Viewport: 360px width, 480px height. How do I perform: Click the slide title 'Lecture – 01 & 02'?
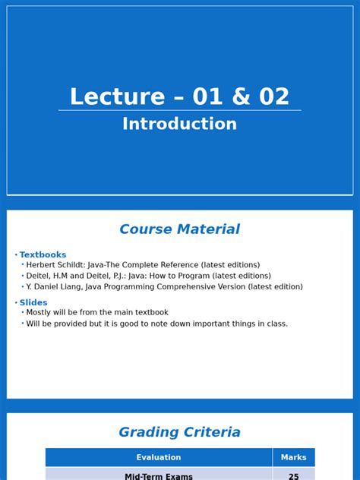click(179, 96)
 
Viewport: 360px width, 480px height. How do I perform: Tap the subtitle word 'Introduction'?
click(179, 124)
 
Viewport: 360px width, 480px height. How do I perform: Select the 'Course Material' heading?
click(179, 229)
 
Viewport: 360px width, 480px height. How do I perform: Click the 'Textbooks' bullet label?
click(43, 255)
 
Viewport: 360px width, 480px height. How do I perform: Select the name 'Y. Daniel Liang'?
click(54, 287)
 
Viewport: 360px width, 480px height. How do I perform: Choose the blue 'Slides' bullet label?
click(33, 303)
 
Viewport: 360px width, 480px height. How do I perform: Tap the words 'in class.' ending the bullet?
click(273, 324)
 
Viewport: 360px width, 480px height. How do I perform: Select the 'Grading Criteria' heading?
click(179, 433)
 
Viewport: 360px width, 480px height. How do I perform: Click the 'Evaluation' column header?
click(159, 458)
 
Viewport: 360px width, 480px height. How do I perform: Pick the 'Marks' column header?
click(293, 458)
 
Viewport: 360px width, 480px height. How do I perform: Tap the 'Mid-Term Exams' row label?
click(159, 476)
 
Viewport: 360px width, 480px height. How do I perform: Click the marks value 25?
click(293, 476)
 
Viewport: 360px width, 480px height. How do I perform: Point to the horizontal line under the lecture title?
click(179, 111)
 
